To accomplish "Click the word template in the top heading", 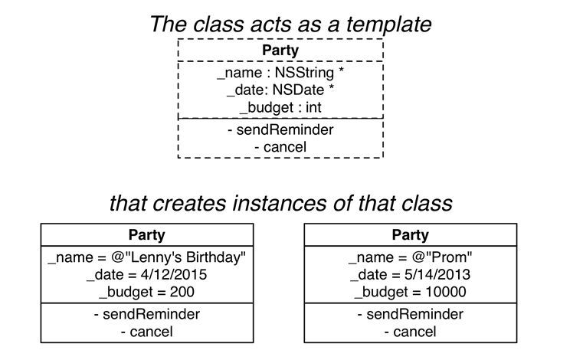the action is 389,25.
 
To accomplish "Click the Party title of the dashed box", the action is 280,51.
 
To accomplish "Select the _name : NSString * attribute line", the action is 280,73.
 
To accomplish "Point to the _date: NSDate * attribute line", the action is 280,90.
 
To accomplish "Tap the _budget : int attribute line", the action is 280,107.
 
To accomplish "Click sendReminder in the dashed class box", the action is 280,129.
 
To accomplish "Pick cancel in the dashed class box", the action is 280,147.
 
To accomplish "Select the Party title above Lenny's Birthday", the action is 147,235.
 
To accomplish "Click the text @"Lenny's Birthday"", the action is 179,257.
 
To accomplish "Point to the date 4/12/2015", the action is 174,275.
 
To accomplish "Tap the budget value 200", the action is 182,292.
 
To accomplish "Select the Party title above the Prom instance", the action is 411,235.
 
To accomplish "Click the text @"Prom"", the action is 442,257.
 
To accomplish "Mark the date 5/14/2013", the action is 437,275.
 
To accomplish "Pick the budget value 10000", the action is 446,292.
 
